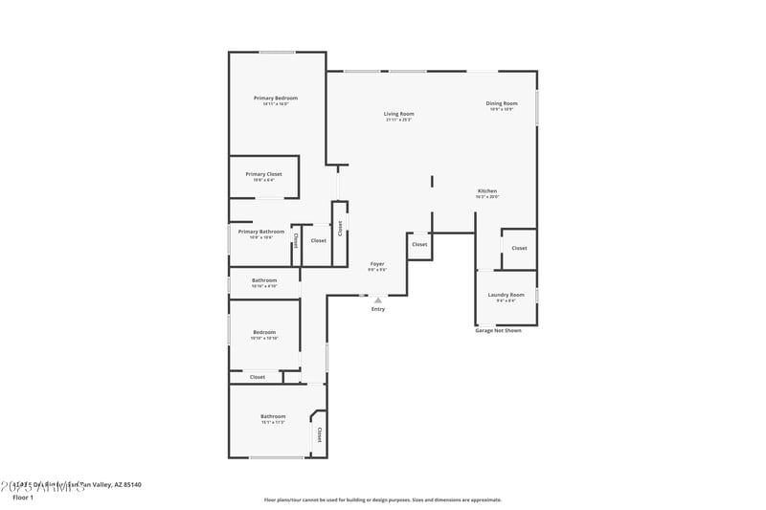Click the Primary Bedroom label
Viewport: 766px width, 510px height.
[x=276, y=99]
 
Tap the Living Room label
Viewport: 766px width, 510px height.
[x=399, y=114]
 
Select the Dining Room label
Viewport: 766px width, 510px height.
[x=502, y=103]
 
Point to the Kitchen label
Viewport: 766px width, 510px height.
[x=487, y=191]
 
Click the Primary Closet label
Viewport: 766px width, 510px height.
[x=263, y=174]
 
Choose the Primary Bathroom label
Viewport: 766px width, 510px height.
[x=261, y=232]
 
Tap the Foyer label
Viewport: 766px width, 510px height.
[x=377, y=264]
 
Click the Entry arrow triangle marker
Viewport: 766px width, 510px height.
[x=378, y=300]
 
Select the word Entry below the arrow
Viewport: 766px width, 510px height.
[x=378, y=309]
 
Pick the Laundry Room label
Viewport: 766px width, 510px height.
[x=506, y=295]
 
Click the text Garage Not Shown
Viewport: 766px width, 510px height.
[x=499, y=330]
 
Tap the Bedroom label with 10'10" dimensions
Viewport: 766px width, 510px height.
[x=263, y=332]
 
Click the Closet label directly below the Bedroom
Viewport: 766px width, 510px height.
[x=258, y=377]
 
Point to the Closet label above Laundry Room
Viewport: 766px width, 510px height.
[x=519, y=248]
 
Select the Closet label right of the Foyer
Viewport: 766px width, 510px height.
[x=419, y=245]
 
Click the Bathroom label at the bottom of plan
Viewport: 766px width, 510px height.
[x=273, y=416]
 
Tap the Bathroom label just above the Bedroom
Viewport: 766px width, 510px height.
[x=264, y=280]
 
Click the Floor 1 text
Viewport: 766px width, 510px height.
[x=23, y=498]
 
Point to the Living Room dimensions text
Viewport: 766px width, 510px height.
[x=399, y=121]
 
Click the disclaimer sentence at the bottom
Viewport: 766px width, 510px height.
[x=382, y=499]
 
